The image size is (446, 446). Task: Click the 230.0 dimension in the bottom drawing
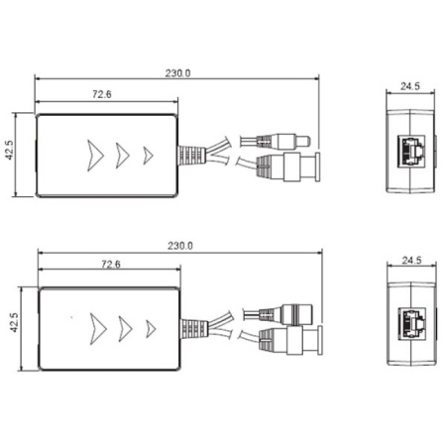point(180,246)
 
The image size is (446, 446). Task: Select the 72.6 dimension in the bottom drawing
point(110,265)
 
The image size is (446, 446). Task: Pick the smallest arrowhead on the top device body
point(148,155)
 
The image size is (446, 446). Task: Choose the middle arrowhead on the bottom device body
point(125,326)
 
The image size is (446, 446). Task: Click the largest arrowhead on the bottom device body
point(97,326)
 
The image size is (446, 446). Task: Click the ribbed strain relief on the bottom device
point(189,327)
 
